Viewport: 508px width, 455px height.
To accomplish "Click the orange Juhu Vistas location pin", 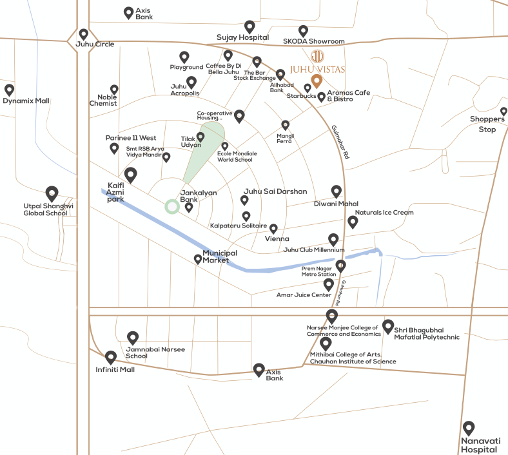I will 317,82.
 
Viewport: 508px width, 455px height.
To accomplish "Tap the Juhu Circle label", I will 95,44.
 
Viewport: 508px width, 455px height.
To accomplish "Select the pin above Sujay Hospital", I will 249,27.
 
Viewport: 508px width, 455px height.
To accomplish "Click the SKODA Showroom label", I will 314,41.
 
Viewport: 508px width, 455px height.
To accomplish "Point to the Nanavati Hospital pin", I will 469,427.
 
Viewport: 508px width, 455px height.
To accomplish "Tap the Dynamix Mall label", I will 26,101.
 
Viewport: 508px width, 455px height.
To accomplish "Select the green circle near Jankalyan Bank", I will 171,206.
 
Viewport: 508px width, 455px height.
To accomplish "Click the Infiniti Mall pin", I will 111,356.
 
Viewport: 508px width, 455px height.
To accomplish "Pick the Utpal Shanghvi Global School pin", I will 52,193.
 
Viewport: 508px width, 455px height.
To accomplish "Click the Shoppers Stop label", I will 487,124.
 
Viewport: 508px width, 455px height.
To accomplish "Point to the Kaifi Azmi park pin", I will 132,174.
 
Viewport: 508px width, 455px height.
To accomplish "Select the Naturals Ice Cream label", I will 384,212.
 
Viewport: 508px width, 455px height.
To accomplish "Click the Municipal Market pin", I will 198,259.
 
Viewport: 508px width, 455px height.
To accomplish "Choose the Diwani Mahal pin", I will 336,191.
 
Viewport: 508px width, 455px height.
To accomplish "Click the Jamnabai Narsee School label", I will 155,353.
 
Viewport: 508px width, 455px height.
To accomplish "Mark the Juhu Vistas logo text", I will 318,69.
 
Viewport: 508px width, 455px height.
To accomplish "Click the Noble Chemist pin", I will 114,90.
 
